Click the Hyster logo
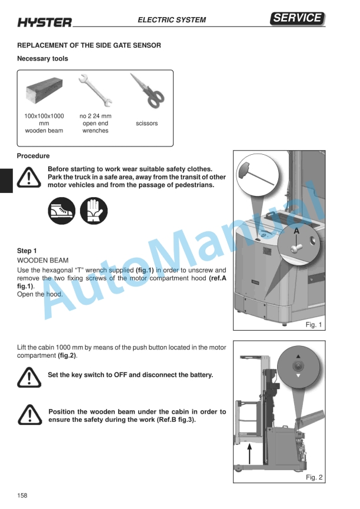[x=45, y=22]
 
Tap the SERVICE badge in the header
[x=297, y=18]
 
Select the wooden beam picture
[x=44, y=90]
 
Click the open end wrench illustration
[x=95, y=91]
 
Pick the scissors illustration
[x=147, y=91]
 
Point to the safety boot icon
[x=61, y=211]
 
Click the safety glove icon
[x=94, y=211]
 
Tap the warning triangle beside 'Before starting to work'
[x=29, y=177]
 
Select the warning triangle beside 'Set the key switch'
[x=29, y=377]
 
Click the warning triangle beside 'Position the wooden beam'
[x=29, y=414]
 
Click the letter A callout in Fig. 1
[x=296, y=231]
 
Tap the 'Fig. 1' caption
[x=314, y=325]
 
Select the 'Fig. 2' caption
[x=314, y=477]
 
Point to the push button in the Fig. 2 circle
[x=298, y=367]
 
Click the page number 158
[x=22, y=495]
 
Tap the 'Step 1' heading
[x=26, y=251]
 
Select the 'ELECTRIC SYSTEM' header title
[x=172, y=20]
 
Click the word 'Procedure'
[x=33, y=156]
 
